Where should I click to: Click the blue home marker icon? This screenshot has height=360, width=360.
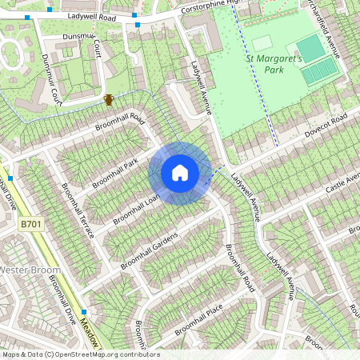180,173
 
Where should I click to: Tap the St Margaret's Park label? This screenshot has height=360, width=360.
274,63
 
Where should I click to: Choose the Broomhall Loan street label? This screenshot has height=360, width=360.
137,206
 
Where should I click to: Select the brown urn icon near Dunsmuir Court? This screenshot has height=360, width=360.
108,100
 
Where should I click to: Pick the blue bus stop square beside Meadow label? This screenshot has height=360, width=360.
83,312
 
